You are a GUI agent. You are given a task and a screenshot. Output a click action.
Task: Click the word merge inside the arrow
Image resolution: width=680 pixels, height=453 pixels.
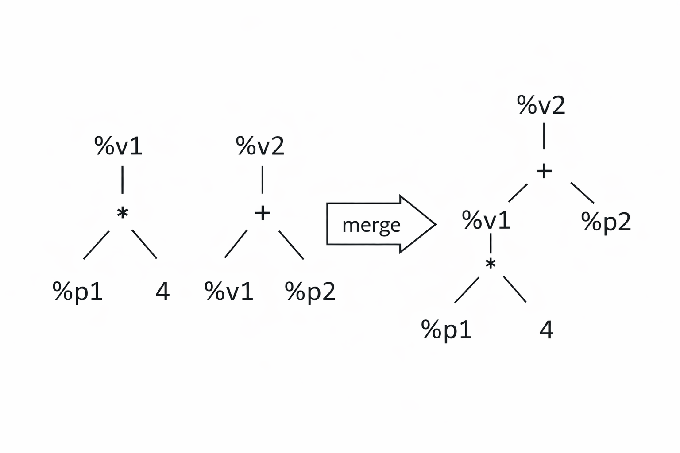(371, 225)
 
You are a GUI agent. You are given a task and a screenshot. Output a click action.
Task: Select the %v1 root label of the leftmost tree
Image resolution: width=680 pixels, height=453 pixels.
(118, 146)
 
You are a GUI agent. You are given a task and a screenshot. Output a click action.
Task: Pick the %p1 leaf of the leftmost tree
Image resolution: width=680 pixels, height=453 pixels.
(78, 292)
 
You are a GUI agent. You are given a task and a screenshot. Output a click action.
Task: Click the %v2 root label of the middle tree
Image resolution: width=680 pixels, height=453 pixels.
(260, 146)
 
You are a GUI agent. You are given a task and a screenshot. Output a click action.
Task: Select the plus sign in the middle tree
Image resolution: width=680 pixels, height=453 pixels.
(263, 213)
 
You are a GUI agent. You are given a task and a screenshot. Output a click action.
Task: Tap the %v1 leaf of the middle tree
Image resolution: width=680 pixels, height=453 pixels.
(229, 292)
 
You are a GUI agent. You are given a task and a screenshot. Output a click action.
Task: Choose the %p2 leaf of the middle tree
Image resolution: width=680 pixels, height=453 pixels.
(310, 292)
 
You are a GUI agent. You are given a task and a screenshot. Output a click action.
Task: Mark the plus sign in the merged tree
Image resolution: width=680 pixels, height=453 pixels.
(544, 171)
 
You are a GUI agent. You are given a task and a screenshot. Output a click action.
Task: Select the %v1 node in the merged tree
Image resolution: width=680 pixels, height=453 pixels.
(486, 220)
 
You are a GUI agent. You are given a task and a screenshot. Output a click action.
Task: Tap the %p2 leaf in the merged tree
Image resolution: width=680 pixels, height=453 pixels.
(606, 222)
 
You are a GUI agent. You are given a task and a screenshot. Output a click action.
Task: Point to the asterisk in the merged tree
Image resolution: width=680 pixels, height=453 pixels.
(491, 265)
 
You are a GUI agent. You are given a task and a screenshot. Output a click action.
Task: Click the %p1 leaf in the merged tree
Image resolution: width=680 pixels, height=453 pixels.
(446, 330)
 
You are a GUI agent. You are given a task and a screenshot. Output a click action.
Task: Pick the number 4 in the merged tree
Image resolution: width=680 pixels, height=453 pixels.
(546, 330)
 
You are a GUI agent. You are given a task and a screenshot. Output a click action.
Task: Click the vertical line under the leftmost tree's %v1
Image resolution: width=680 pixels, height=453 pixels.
(122, 180)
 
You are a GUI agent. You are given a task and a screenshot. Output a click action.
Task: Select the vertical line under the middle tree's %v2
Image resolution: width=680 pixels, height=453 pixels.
(263, 180)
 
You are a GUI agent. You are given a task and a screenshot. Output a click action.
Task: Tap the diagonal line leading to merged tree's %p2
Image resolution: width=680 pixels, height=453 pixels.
(582, 192)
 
